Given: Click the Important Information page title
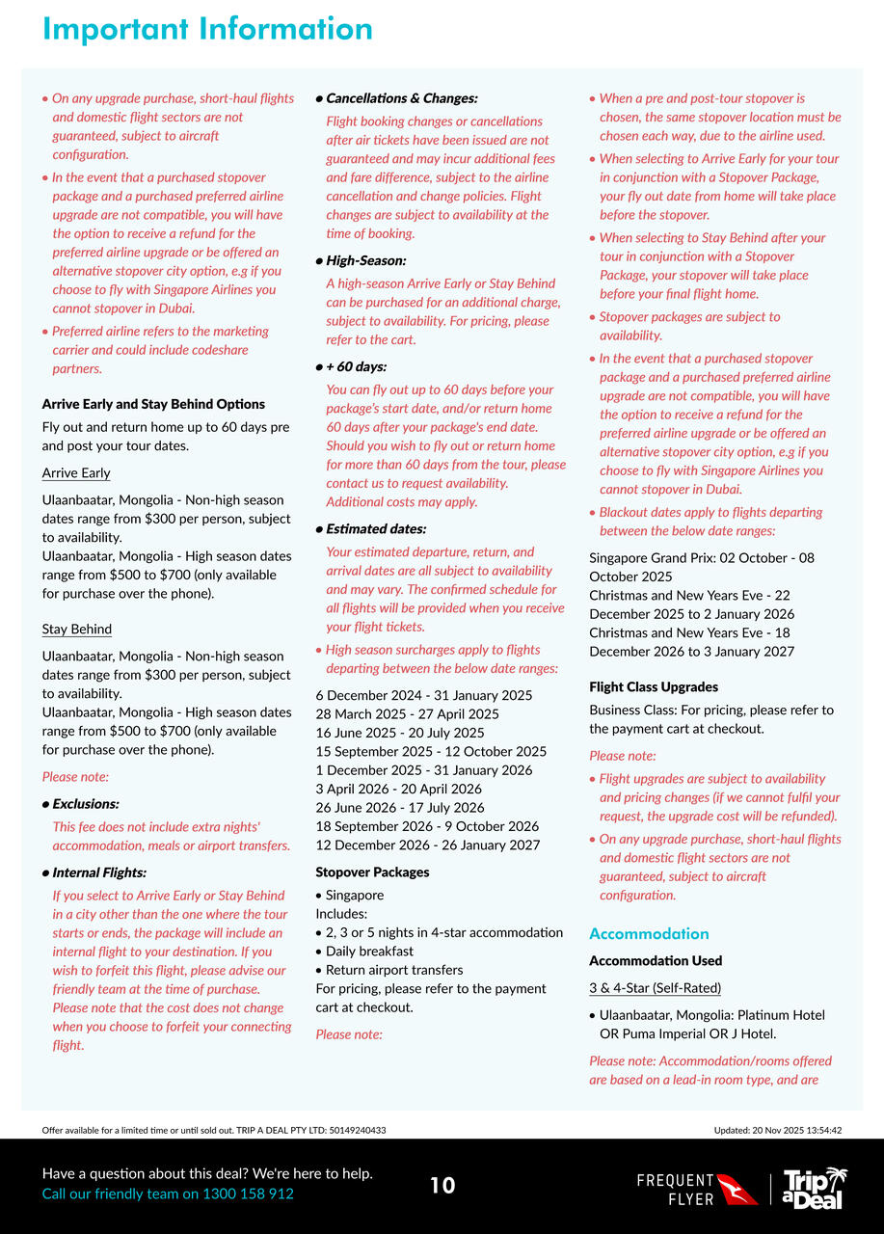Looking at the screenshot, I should click(x=207, y=29).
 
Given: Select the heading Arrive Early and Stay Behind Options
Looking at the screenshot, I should click(x=153, y=404).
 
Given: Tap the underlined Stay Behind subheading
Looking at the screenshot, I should click(x=77, y=630).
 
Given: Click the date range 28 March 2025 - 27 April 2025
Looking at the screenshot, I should click(x=408, y=714).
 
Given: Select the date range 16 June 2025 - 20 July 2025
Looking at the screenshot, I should click(x=400, y=733).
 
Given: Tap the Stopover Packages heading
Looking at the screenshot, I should click(x=373, y=872).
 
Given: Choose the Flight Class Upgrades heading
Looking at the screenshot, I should click(x=654, y=687).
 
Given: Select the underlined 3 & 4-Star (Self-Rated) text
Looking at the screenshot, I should click(x=656, y=988).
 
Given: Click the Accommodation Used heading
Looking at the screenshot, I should click(x=656, y=961).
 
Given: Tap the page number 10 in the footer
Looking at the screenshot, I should click(x=442, y=1186).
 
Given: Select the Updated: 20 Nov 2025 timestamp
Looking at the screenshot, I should click(x=778, y=1130).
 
